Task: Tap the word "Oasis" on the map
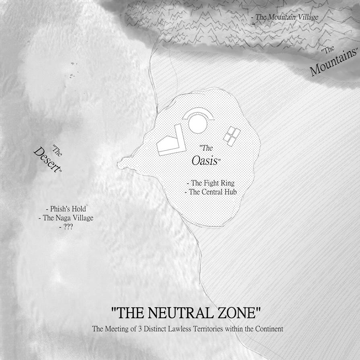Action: [204, 161]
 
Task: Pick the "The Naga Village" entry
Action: [66, 218]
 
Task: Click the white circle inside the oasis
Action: [198, 125]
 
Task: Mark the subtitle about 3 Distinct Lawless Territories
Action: [188, 329]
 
